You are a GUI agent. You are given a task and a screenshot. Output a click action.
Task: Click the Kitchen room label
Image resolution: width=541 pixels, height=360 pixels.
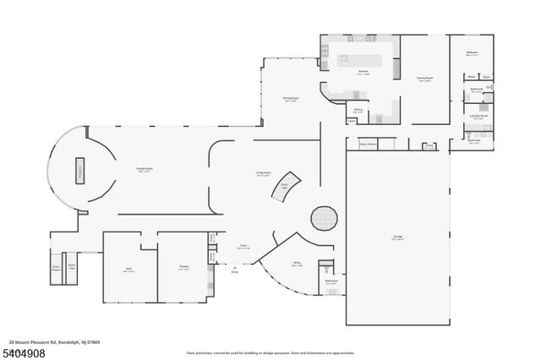363,72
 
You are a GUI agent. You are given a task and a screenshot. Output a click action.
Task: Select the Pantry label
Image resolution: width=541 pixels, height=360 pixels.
358,111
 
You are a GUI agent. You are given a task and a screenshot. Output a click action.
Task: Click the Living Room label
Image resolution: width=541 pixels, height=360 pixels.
263,174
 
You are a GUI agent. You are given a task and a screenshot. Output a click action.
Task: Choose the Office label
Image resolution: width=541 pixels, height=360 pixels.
298,264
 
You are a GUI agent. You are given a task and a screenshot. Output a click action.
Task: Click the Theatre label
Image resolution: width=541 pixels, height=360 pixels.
183,269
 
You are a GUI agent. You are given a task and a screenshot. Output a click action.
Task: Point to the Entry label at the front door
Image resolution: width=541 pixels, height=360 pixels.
235,272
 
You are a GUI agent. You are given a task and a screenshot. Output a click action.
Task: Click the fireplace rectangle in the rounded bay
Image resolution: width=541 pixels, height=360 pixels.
82,169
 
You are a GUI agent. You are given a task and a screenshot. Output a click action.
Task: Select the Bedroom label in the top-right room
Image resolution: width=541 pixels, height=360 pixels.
472,53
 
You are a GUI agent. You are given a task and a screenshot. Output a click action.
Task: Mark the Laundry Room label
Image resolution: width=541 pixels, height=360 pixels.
478,117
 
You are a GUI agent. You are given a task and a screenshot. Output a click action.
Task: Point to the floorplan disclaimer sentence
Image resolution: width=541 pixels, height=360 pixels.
270,353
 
